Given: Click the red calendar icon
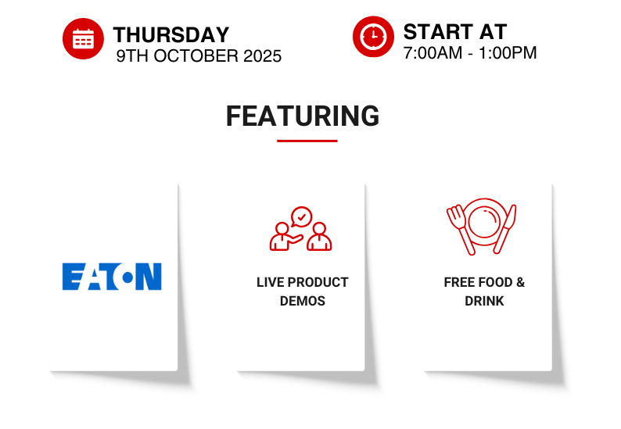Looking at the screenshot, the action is (x=83, y=38).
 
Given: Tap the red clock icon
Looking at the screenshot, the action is (x=373, y=37).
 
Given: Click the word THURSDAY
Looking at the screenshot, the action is (x=171, y=35).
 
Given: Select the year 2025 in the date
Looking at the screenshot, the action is (x=262, y=56).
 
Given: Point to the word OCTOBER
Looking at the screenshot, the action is (x=196, y=56).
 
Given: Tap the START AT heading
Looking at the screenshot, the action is (x=455, y=32).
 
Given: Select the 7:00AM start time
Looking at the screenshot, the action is (x=433, y=53).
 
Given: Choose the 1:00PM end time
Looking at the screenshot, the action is (x=508, y=53).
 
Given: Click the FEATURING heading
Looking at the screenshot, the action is (x=303, y=116).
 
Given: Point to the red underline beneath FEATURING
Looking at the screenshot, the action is (x=307, y=141).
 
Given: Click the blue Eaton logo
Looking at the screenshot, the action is (x=112, y=277).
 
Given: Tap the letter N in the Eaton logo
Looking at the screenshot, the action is (x=149, y=277).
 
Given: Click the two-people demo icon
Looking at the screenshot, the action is (x=300, y=229).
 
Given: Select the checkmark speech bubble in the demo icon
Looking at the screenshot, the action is (x=301, y=217).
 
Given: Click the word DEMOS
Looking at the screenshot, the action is (x=303, y=301).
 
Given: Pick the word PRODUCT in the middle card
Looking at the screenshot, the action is (x=318, y=283).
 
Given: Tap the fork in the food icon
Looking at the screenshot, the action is (x=461, y=229).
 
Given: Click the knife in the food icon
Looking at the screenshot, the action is (x=505, y=229).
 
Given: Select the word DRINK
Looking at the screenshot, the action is (x=484, y=301).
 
